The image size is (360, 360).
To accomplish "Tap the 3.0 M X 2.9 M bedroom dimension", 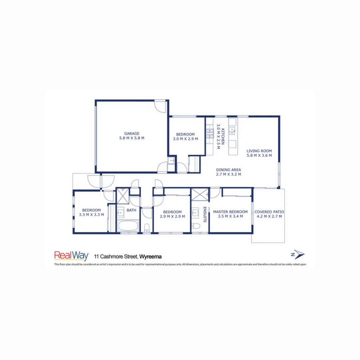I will click(185, 139).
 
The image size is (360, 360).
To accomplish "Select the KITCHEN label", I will click(223, 137).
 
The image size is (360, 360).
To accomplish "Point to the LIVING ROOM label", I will click(259, 150).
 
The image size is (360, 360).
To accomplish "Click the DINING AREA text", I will click(228, 169).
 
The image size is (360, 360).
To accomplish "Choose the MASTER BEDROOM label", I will click(230, 212).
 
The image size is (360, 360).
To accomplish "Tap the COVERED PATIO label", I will click(269, 212).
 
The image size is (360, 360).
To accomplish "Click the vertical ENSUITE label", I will click(204, 215).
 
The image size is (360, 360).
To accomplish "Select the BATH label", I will click(131, 210).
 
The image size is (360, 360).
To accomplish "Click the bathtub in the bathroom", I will click(128, 226).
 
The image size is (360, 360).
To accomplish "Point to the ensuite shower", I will click(200, 194).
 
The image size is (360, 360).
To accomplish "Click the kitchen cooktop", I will click(210, 133).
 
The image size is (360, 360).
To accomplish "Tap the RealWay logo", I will click(71, 256).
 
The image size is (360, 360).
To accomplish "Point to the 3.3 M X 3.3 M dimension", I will click(91, 215).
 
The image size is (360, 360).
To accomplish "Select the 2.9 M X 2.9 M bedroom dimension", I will click(172, 216).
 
